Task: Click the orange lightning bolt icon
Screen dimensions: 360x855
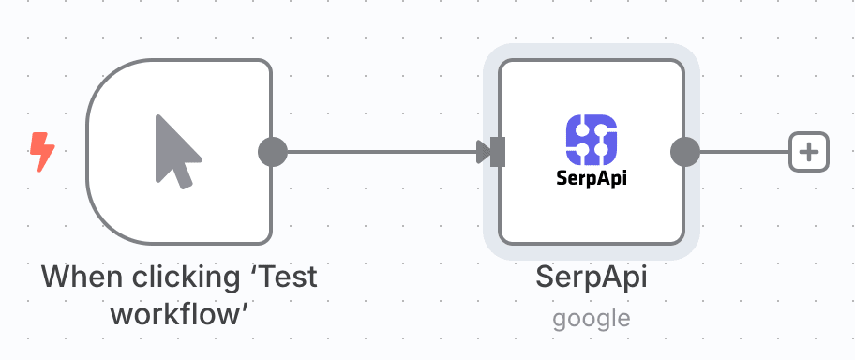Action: (x=42, y=151)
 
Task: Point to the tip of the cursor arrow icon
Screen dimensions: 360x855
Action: (x=157, y=116)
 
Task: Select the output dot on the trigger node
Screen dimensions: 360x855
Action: (x=272, y=151)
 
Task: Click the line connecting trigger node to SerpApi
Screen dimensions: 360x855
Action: (x=375, y=151)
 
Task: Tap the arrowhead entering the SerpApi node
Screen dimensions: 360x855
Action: (x=483, y=151)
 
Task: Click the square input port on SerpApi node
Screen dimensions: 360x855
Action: (x=498, y=151)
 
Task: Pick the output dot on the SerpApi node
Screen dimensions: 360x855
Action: (x=686, y=151)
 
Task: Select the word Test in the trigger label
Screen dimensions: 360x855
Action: (x=284, y=277)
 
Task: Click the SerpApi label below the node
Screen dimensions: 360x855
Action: (x=592, y=277)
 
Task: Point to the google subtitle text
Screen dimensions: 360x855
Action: (x=592, y=318)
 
